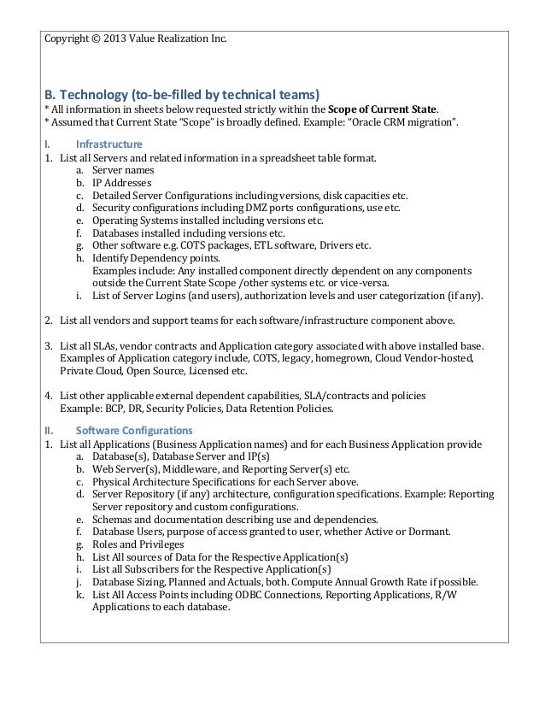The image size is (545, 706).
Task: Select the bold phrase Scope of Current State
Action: [383, 109]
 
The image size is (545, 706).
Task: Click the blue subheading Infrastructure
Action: [108, 143]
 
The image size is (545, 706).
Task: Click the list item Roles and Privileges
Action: [138, 544]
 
